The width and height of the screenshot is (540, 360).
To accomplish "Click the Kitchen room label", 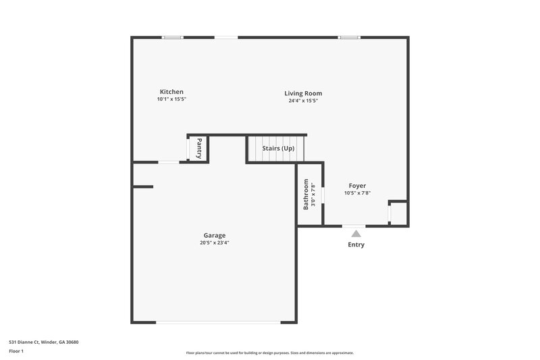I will [x=171, y=92].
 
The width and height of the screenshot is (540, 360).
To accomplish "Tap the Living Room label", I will [x=303, y=93].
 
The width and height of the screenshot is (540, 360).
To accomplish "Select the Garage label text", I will [x=215, y=236].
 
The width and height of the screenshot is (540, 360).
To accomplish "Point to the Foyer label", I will [x=357, y=186].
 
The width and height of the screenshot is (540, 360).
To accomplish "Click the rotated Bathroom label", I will [x=306, y=194].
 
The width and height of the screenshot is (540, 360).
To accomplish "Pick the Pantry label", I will [x=199, y=148].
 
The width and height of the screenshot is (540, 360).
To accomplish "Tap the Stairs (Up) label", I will [x=278, y=148].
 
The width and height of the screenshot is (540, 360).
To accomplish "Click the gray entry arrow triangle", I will [x=356, y=233].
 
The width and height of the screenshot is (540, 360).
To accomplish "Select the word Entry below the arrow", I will [x=356, y=245].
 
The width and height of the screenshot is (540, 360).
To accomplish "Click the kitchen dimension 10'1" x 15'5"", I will [x=171, y=100].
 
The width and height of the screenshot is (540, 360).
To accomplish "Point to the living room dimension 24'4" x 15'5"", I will [x=303, y=101].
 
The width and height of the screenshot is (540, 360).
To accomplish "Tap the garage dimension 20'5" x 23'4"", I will [x=215, y=243].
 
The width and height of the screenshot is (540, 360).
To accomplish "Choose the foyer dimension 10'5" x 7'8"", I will [x=357, y=193].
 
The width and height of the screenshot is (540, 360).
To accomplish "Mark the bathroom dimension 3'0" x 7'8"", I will [x=313, y=194].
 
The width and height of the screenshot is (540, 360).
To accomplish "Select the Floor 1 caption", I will [x=16, y=352].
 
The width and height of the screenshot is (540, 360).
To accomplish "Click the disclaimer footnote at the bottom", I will [x=269, y=353].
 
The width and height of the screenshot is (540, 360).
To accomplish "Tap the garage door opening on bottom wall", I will [x=217, y=322].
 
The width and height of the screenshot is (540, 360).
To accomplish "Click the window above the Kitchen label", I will [x=173, y=37].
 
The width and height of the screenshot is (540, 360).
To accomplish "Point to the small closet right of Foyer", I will [x=398, y=213].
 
